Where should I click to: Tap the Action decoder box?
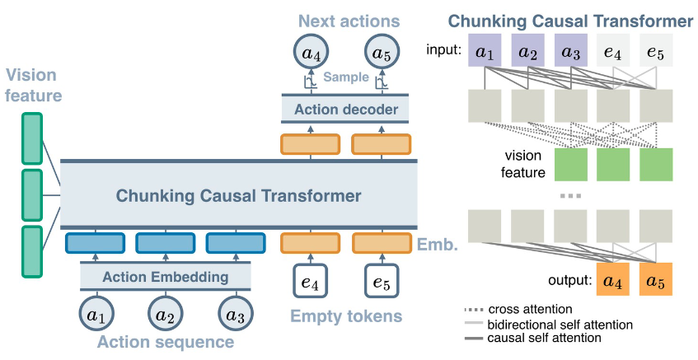click(346, 109)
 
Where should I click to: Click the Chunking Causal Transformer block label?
click(238, 196)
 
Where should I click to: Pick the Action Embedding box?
click(165, 277)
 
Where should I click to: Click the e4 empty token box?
click(312, 282)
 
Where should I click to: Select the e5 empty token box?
click(381, 282)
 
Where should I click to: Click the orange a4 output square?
click(614, 279)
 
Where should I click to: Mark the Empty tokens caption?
click(346, 316)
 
